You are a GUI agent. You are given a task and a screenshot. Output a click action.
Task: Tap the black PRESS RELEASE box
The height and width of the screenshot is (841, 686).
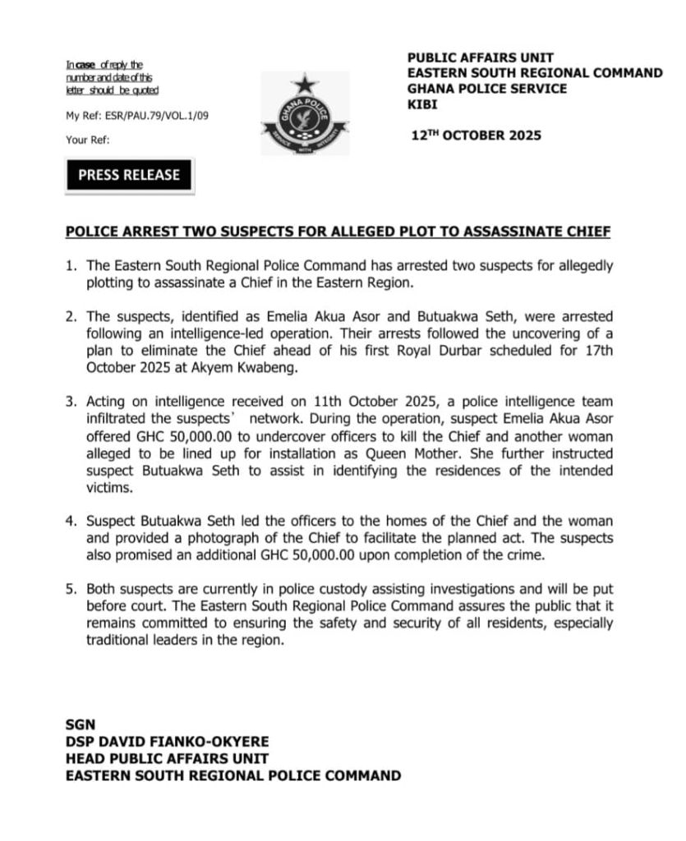click(x=129, y=175)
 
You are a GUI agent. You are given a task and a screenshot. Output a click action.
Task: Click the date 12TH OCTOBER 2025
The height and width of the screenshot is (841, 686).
click(x=476, y=136)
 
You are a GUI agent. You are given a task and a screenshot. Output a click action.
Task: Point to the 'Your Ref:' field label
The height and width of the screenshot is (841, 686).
click(x=88, y=140)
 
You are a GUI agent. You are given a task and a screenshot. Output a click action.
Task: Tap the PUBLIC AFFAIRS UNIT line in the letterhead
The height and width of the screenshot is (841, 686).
click(x=481, y=57)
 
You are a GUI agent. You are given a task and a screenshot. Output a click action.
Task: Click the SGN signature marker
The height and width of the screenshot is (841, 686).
click(x=81, y=724)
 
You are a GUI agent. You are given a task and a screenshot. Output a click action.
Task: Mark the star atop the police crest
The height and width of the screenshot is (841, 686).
click(x=305, y=85)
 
